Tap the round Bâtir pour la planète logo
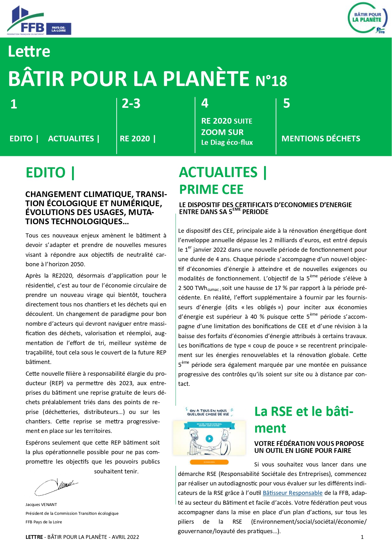pyautogui.click(x=367, y=18)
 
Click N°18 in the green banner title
pyautogui.click(x=271, y=81)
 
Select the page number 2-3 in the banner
pyautogui.click(x=131, y=104)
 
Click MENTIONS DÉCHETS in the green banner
pyautogui.click(x=321, y=139)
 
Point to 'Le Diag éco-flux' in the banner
pyautogui.click(x=227, y=143)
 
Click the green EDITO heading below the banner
pyautogui.click(x=50, y=173)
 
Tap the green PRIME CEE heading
pyautogui.click(x=211, y=189)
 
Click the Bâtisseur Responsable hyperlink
pyautogui.click(x=292, y=493)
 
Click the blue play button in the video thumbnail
pyautogui.click(x=209, y=439)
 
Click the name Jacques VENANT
pyautogui.click(x=41, y=505)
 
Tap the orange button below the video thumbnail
pyautogui.click(x=209, y=462)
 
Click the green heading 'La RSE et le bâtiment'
pyautogui.click(x=304, y=420)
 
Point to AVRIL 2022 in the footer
pyautogui.click(x=125, y=537)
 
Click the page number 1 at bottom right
pyautogui.click(x=362, y=537)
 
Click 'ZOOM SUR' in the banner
pyautogui.click(x=222, y=132)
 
